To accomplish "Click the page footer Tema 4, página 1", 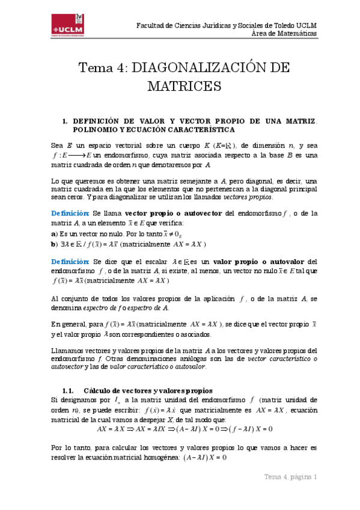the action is [x=290, y=477].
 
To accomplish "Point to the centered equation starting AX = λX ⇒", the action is [x=185, y=429].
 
